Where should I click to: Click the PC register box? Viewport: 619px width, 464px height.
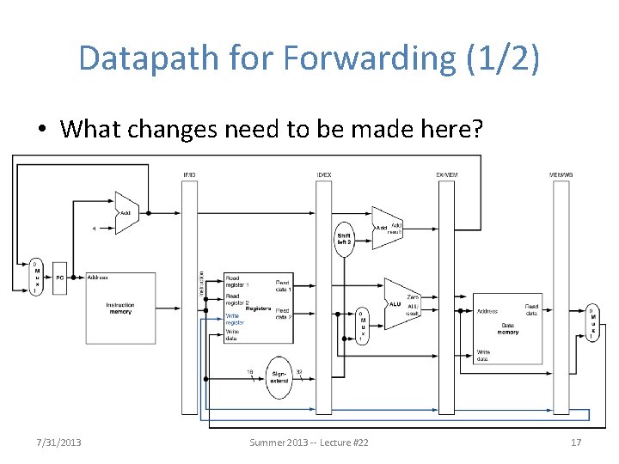click(x=59, y=278)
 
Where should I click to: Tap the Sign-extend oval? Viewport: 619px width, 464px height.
click(x=279, y=377)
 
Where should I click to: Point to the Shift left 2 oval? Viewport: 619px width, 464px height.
click(x=344, y=237)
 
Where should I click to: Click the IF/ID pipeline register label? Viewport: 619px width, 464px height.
click(x=189, y=176)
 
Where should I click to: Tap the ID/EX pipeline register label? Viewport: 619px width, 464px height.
click(x=323, y=176)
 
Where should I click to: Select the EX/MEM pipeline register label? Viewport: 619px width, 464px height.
click(x=446, y=176)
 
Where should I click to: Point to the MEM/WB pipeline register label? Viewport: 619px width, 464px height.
click(x=561, y=176)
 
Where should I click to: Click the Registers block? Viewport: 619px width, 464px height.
click(x=258, y=308)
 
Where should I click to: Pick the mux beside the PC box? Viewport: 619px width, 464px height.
click(x=36, y=277)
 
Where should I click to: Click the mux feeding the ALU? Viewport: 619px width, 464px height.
click(x=363, y=326)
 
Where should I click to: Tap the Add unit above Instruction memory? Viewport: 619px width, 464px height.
click(x=126, y=212)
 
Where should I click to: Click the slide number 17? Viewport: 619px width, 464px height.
click(x=576, y=442)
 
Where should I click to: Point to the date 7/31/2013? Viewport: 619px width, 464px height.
click(x=59, y=442)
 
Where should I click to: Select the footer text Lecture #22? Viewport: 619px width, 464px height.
click(x=339, y=442)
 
